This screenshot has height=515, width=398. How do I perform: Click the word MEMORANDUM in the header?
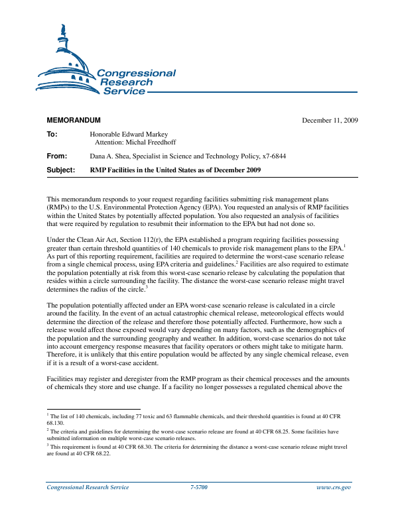(73, 121)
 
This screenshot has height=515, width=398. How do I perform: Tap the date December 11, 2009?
(330, 121)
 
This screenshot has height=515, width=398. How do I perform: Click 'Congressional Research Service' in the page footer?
(88, 487)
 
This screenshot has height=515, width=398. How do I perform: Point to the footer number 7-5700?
(199, 487)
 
